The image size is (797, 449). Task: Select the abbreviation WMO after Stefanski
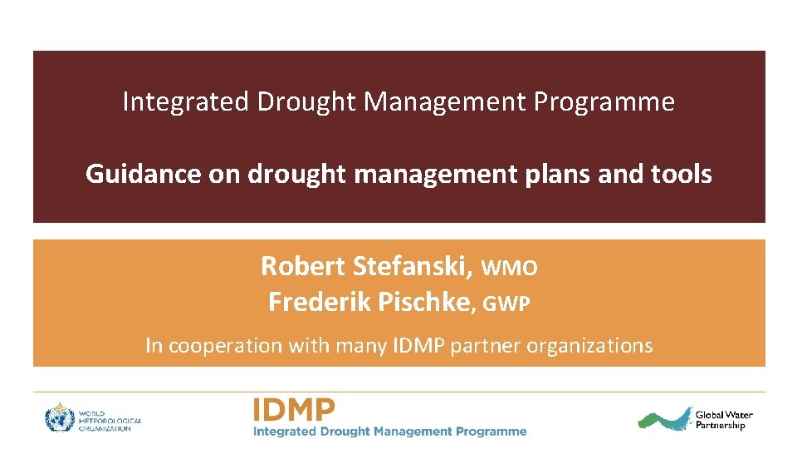510,268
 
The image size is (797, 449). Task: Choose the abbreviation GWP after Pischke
506,304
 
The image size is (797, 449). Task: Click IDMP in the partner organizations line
418,346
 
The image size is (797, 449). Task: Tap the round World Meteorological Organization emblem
59,417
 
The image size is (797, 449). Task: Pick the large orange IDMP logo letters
295,409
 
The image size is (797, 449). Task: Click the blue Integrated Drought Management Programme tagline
389,432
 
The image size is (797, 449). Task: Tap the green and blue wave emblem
665,417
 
